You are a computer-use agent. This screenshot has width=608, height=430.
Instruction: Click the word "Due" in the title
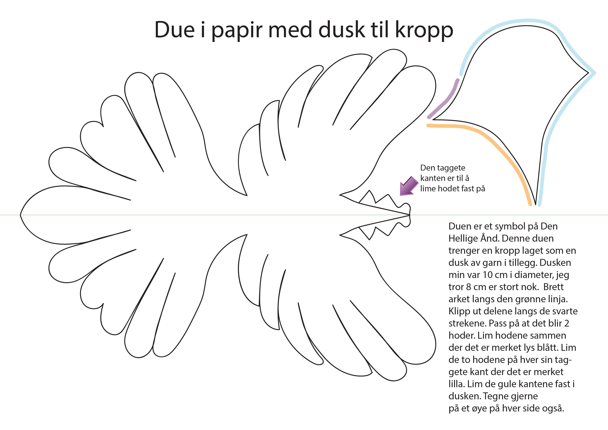175,30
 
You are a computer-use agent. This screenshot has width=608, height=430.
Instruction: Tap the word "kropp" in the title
424,31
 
